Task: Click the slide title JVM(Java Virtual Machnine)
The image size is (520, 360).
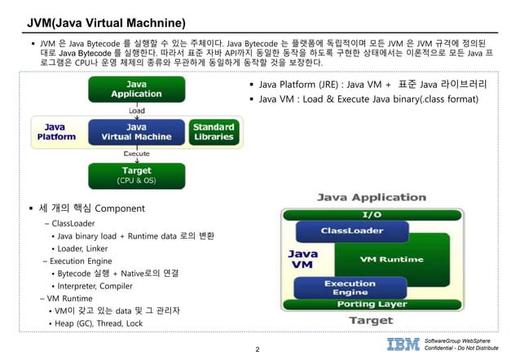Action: pos(106,21)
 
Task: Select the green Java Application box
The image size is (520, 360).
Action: pos(136,89)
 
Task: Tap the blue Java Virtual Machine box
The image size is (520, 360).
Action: pos(136,132)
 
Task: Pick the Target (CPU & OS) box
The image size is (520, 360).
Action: pos(136,174)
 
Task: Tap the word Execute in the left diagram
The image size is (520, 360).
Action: pos(136,153)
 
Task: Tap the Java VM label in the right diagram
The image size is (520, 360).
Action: pos(302,259)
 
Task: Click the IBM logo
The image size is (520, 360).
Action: pos(403,344)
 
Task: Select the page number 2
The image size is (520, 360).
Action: pos(258,350)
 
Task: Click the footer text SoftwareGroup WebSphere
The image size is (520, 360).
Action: pos(463,339)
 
